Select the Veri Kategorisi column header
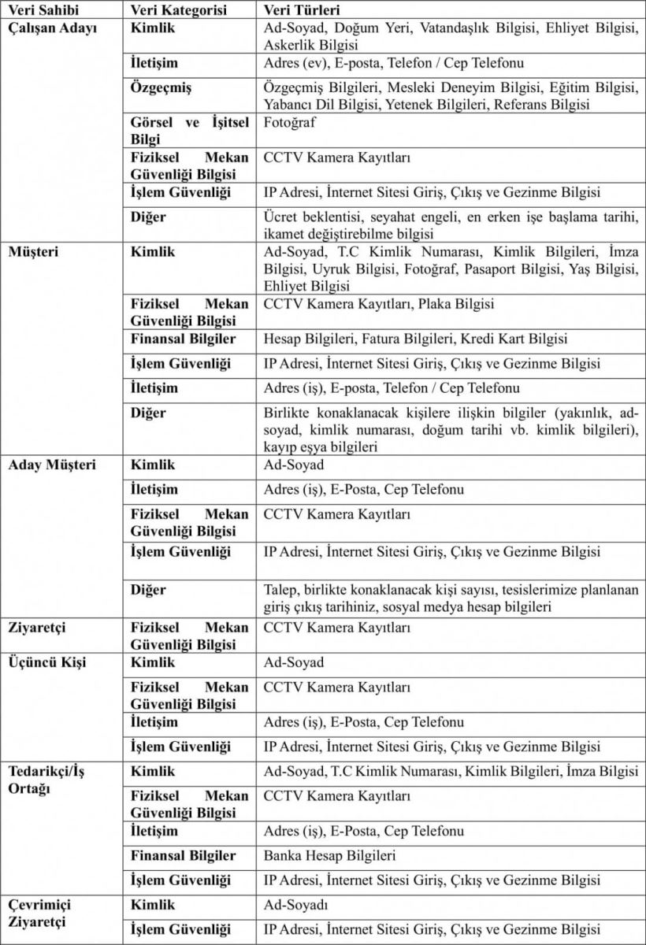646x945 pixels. click(179, 12)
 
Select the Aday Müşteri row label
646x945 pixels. click(52, 465)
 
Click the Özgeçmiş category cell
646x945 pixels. click(161, 88)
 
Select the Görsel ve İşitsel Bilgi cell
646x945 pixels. click(189, 131)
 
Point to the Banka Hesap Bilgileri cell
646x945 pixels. click(329, 856)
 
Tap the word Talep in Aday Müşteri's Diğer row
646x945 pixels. click(280, 590)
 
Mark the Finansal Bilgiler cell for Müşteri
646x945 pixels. click(183, 339)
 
